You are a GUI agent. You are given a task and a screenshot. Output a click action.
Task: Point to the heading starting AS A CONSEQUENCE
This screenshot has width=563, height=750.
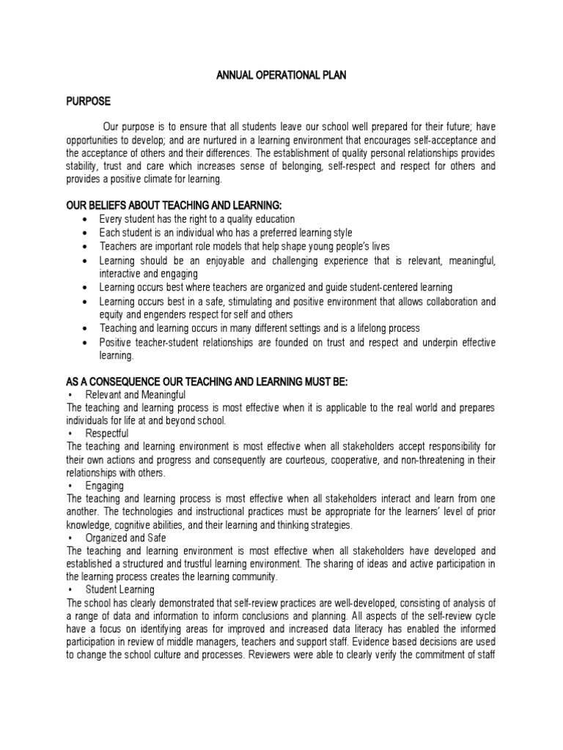point(207,382)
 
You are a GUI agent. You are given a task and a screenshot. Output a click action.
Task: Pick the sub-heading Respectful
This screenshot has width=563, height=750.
point(107,434)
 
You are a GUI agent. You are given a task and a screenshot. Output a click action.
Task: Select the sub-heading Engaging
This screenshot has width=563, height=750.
point(104,485)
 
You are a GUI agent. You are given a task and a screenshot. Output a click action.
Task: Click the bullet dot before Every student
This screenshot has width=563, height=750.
point(87,219)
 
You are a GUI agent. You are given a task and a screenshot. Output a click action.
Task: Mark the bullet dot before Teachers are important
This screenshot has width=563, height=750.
point(87,246)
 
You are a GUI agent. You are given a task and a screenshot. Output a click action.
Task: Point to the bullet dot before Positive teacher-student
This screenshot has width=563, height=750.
point(87,342)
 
